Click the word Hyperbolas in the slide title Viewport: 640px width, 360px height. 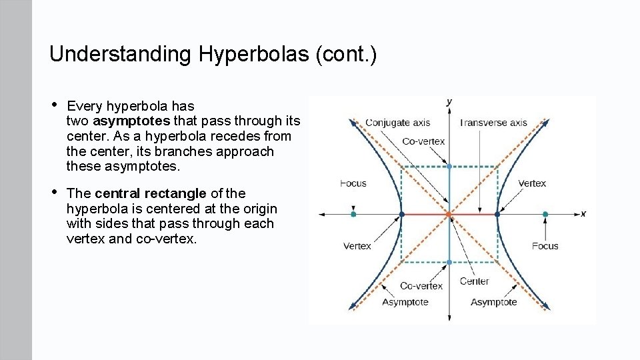pos(249,54)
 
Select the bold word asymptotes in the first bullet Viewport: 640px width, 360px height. pos(132,121)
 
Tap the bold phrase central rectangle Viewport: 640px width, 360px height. pos(151,193)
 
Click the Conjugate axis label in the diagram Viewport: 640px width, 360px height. pos(397,123)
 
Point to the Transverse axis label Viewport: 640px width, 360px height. pos(493,123)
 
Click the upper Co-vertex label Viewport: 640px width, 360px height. pos(423,141)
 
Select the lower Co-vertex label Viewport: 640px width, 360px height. pos(421,286)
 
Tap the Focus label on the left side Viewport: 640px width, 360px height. pos(353,183)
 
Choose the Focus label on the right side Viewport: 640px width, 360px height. pos(545,246)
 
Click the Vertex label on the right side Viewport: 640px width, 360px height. pos(531,183)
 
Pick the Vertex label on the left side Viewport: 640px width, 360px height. pos(357,246)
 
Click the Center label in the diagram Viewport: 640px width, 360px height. pos(474,281)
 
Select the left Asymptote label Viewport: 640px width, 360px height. pos(405,302)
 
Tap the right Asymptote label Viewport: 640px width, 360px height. pos(493,302)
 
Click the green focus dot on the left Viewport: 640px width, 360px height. pos(353,214)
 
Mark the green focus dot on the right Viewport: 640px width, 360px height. pos(545,214)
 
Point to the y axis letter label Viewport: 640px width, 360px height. pos(449,101)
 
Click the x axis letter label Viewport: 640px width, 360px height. pos(583,214)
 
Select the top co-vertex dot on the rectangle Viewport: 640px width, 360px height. pos(449,166)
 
